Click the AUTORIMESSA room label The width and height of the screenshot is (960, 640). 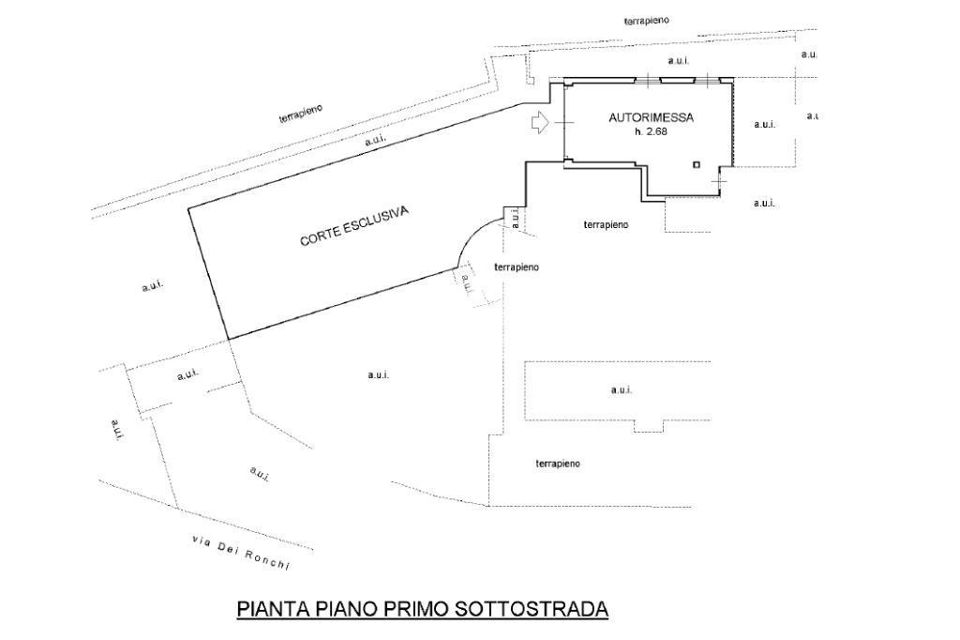pyautogui.click(x=651, y=117)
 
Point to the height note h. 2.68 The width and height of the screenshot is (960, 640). pyautogui.click(x=651, y=131)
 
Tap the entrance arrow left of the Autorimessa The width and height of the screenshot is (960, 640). pyautogui.click(x=539, y=123)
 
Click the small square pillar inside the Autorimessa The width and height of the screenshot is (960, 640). pyautogui.click(x=697, y=164)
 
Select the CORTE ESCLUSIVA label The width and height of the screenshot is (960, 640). pyautogui.click(x=353, y=225)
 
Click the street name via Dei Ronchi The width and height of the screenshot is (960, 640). pyautogui.click(x=240, y=553)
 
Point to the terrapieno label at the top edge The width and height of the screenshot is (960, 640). pyautogui.click(x=647, y=21)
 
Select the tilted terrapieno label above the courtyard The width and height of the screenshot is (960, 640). pyautogui.click(x=301, y=114)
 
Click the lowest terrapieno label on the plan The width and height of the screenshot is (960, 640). pyautogui.click(x=557, y=464)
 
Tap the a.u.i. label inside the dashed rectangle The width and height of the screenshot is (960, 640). pyautogui.click(x=622, y=389)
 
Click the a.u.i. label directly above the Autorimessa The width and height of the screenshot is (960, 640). pyautogui.click(x=679, y=61)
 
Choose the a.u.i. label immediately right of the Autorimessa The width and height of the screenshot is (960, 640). pyautogui.click(x=765, y=124)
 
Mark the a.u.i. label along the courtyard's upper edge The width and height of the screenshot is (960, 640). pyautogui.click(x=375, y=140)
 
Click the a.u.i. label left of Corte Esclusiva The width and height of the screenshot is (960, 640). pyautogui.click(x=153, y=285)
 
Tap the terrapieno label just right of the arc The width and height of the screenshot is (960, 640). pyautogui.click(x=517, y=267)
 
